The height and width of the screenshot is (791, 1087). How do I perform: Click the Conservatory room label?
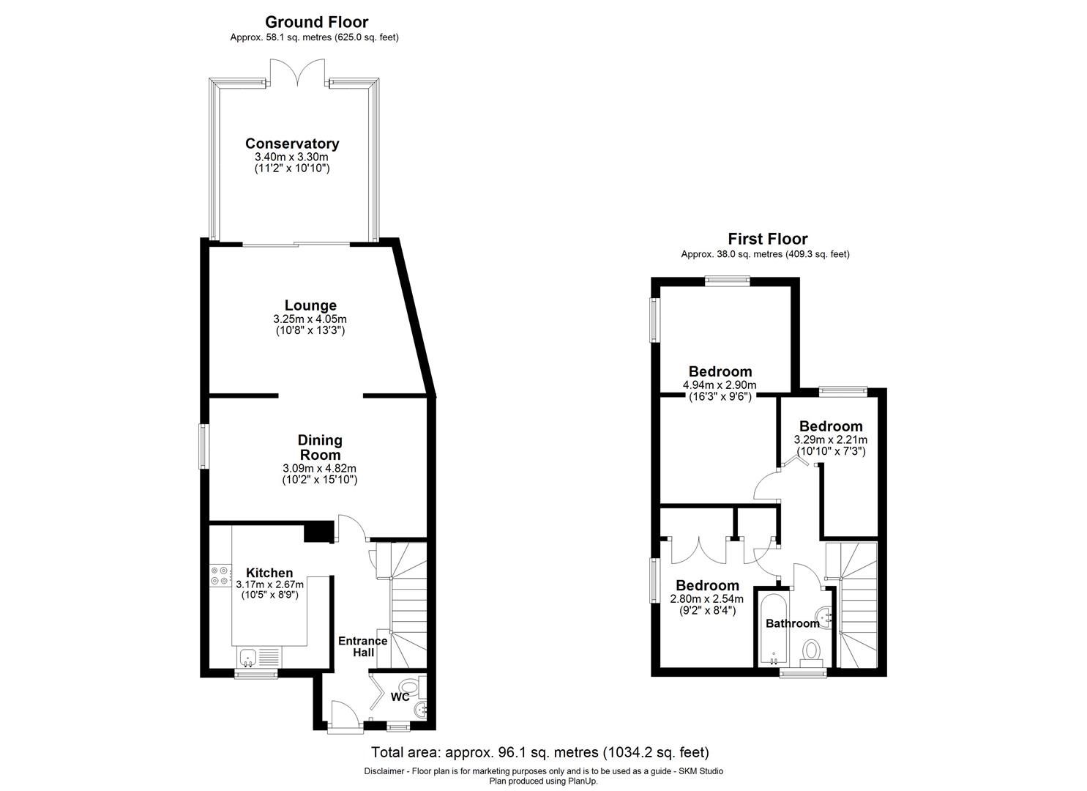292,144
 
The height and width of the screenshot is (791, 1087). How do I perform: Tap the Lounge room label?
310,305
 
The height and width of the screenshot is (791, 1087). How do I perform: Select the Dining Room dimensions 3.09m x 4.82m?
319,468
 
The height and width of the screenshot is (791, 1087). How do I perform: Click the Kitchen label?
269,573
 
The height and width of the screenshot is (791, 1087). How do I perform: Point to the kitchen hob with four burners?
219,575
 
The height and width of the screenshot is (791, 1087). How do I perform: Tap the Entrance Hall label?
362,647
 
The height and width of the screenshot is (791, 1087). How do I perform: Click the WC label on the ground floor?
400,697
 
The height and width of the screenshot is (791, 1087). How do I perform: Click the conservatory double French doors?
296,73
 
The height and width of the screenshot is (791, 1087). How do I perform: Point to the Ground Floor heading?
316,22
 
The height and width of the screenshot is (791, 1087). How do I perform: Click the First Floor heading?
767,239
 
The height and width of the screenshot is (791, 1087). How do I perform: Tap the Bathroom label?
792,623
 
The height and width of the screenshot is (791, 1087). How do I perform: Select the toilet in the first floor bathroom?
811,651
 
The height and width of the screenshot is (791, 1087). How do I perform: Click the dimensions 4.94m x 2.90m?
719,385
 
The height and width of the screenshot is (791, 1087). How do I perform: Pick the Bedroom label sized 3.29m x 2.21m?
830,426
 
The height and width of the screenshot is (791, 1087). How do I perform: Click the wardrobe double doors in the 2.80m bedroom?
699,549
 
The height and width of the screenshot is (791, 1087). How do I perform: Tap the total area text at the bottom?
541,752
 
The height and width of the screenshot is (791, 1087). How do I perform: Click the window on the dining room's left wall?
204,446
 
